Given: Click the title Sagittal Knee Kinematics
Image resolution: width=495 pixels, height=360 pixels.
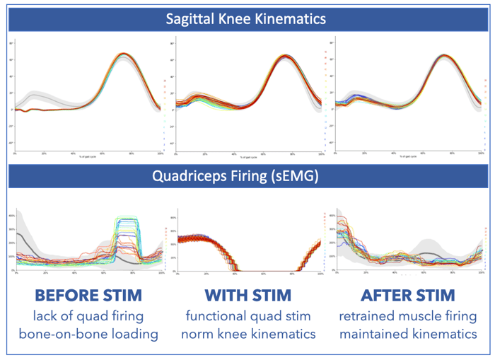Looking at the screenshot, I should [x=248, y=19].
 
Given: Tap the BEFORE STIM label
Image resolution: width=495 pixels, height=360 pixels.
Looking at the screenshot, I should [x=88, y=293].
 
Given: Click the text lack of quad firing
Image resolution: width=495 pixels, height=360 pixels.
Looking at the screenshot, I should [x=88, y=313].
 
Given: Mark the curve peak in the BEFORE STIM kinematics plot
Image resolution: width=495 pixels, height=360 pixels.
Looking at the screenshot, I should [x=124, y=54].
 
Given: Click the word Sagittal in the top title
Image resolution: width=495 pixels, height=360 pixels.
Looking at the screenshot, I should [x=185, y=19].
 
